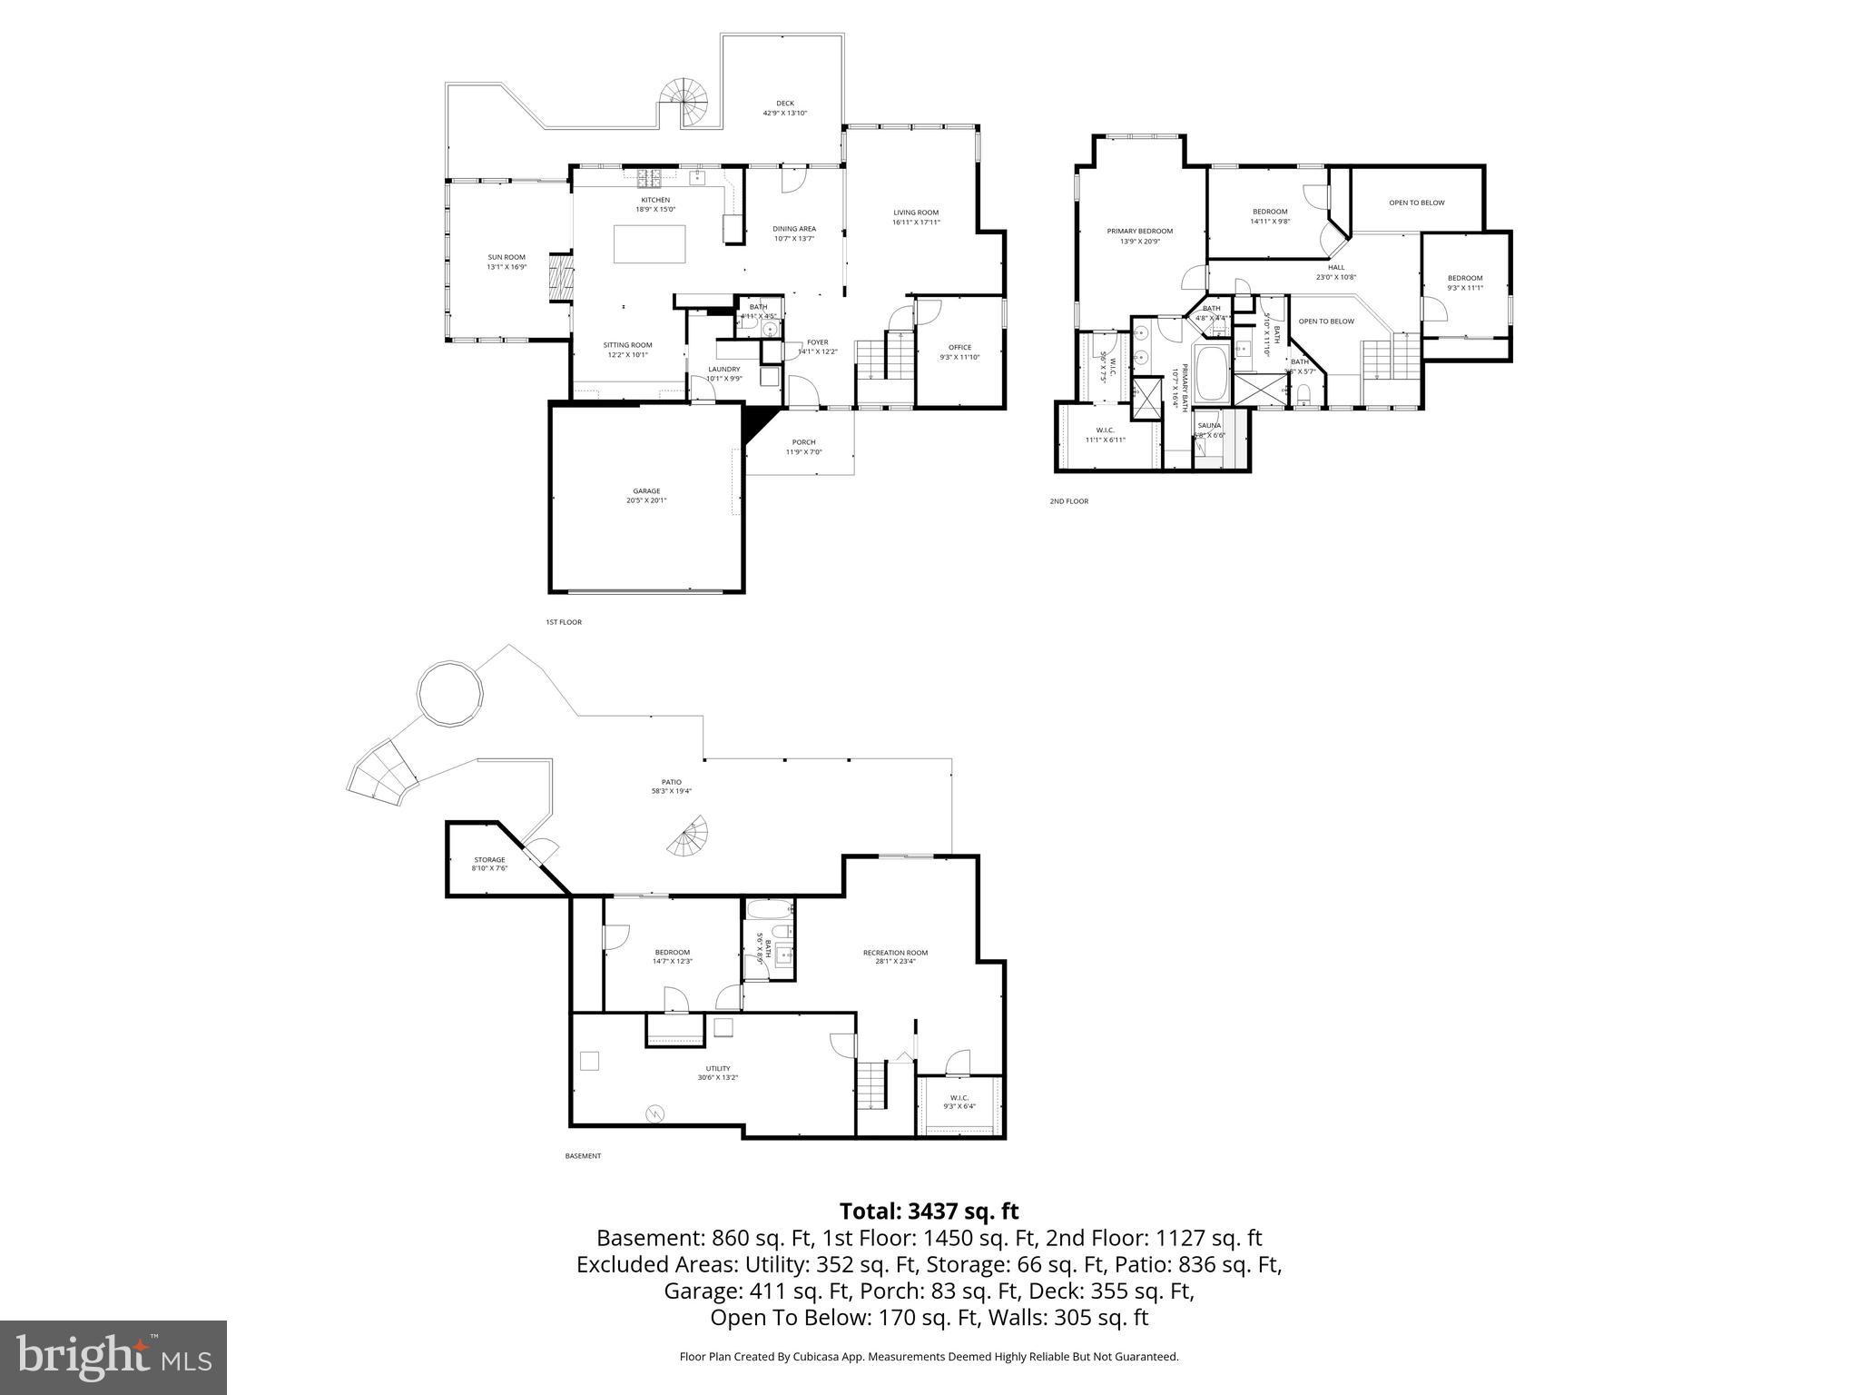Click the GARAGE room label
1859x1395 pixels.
click(x=646, y=491)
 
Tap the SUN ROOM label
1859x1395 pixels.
click(x=507, y=258)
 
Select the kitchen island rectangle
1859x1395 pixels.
click(x=649, y=244)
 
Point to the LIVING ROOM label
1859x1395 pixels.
click(x=916, y=213)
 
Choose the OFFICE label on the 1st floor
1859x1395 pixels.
click(x=959, y=347)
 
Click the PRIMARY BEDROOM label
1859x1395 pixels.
click(x=1140, y=232)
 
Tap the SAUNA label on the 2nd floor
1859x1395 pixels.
click(x=1209, y=425)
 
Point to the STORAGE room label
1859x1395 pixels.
click(x=489, y=859)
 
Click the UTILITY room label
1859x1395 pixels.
click(x=718, y=1068)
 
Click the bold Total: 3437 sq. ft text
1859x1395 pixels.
click(x=929, y=1211)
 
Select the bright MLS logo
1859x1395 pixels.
click(x=113, y=1358)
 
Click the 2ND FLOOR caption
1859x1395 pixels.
click(x=1068, y=501)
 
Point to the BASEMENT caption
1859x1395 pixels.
click(x=583, y=1156)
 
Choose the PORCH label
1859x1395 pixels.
click(x=803, y=442)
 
